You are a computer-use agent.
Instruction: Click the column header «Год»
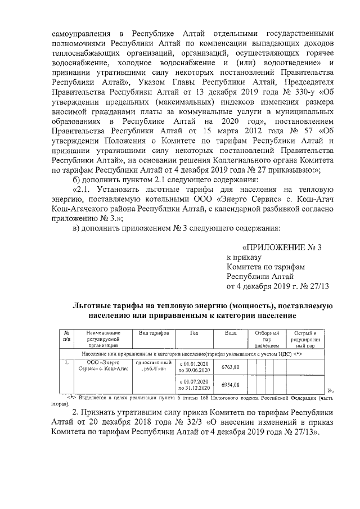click(x=194, y=333)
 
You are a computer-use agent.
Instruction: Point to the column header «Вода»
click(x=231, y=333)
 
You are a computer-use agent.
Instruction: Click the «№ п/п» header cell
click(x=67, y=336)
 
